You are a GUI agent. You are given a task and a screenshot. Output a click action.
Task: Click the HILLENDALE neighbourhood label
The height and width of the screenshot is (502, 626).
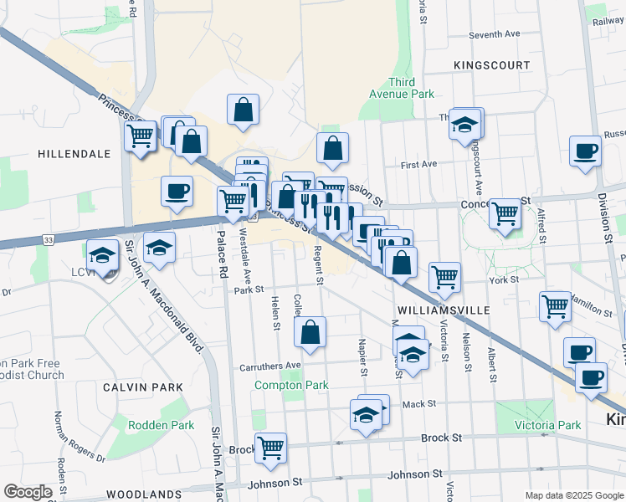pyautogui.click(x=74, y=154)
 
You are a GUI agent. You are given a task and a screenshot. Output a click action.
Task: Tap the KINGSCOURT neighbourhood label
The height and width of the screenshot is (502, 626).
pyautogui.click(x=491, y=64)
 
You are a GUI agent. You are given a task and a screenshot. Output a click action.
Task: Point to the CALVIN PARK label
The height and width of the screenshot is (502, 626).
pyautogui.click(x=142, y=387)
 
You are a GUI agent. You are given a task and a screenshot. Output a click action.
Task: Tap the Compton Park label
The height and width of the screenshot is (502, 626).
pyautogui.click(x=291, y=385)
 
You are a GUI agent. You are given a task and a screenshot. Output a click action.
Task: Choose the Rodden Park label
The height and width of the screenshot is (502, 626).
pyautogui.click(x=161, y=425)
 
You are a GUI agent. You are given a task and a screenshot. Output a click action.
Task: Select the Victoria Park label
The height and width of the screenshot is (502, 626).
pyautogui.click(x=547, y=425)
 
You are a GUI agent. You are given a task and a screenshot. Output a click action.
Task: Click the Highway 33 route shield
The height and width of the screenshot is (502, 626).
pyautogui.click(x=49, y=240)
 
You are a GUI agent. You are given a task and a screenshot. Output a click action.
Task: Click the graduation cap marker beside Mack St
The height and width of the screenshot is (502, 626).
pyautogui.click(x=366, y=414)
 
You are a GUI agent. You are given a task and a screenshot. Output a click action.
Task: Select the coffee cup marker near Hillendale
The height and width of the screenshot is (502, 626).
pyautogui.click(x=177, y=191)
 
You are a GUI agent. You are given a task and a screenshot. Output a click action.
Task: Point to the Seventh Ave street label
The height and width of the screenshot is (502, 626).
pyautogui.click(x=495, y=35)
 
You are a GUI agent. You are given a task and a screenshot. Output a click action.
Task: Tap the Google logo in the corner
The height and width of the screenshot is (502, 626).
pyautogui.click(x=28, y=492)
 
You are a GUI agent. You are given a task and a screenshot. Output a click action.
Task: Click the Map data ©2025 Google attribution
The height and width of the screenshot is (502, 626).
pyautogui.click(x=573, y=495)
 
